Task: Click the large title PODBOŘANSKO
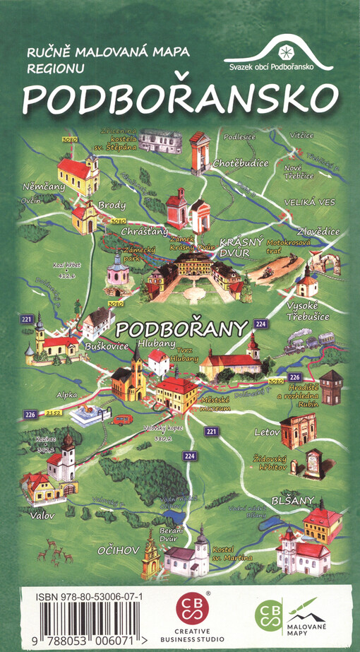pyautogui.click(x=179, y=100)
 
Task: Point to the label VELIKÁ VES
pyautogui.click(x=308, y=202)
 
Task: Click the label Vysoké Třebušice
pyautogui.click(x=308, y=312)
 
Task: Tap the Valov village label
pyautogui.click(x=42, y=516)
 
